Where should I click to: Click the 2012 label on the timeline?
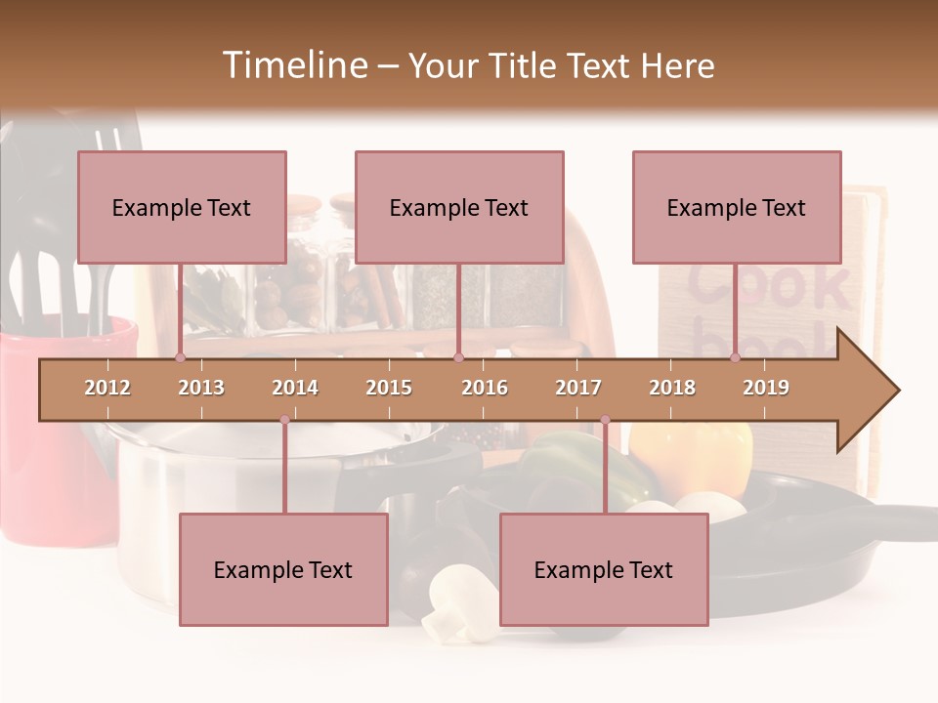107,388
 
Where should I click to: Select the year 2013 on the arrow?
201,388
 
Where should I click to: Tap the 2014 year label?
295,388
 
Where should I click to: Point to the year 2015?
389,388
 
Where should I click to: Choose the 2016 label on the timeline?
485,388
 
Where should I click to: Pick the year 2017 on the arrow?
578,388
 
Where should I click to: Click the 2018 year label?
672,388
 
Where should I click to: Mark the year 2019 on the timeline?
766,388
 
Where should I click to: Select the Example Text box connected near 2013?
182,207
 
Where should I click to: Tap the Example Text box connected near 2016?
459,207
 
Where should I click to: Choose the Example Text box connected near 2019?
737,207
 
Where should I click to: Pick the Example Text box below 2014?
283,569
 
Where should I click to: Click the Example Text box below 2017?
604,569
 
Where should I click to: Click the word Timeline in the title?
293,65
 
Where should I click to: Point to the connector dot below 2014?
284,420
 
